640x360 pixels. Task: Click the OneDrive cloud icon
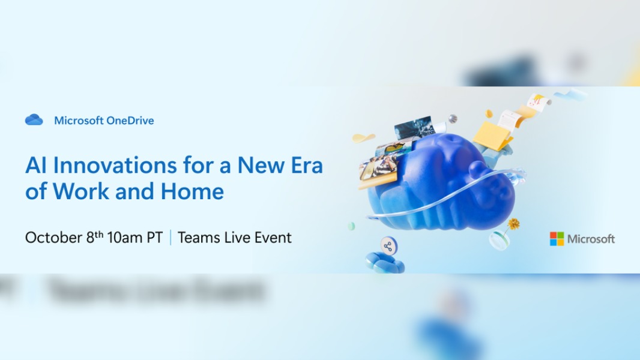[x=34, y=120]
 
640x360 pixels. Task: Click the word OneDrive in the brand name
[x=130, y=121]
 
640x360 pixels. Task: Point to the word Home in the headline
[x=192, y=191]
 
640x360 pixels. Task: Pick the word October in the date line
[x=53, y=238]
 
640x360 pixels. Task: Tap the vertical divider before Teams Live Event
[x=171, y=238]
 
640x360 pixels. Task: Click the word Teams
[x=196, y=238]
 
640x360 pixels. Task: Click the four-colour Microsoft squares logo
[x=557, y=239]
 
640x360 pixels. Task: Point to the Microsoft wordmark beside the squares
[x=591, y=239]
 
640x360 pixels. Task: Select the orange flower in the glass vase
[x=513, y=224]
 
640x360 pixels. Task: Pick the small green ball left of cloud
[x=351, y=226]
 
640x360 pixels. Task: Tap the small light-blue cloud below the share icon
[x=384, y=262]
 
